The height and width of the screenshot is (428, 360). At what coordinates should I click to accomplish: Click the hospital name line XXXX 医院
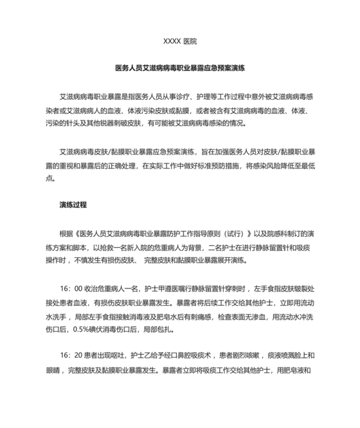[x=180, y=41]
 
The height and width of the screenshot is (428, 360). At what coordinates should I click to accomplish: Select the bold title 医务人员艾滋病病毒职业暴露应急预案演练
[x=180, y=67]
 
